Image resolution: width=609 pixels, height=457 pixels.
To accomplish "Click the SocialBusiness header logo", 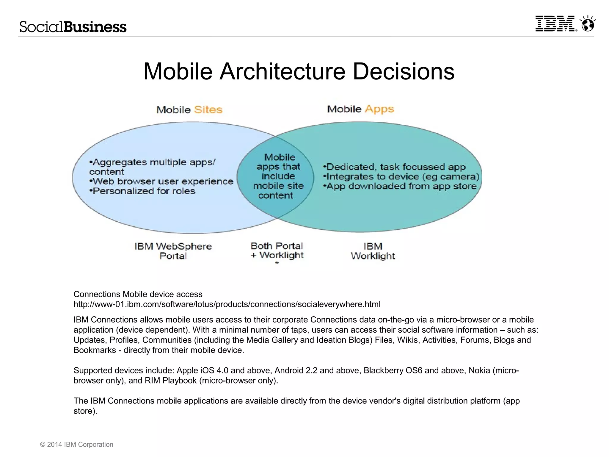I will (73, 27).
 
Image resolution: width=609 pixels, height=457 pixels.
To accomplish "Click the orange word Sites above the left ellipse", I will (208, 110).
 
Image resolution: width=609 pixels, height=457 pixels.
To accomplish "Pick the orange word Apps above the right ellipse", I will (379, 109).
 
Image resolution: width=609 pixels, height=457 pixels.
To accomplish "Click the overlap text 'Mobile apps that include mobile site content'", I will (278, 176).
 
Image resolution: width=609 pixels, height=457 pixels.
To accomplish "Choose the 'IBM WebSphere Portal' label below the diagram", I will (173, 251).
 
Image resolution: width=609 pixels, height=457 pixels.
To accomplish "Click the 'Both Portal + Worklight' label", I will (277, 251).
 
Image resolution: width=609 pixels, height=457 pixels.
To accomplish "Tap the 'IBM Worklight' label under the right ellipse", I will (373, 251).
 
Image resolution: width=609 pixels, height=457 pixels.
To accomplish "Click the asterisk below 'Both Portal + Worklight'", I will (277, 263).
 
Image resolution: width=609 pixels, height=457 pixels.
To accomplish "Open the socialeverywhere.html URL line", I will (227, 304).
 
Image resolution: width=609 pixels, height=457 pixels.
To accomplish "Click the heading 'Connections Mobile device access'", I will (138, 294).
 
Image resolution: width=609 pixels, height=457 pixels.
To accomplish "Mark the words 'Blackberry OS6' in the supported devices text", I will (393, 370).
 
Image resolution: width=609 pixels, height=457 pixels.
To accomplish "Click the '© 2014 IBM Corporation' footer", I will (77, 445).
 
